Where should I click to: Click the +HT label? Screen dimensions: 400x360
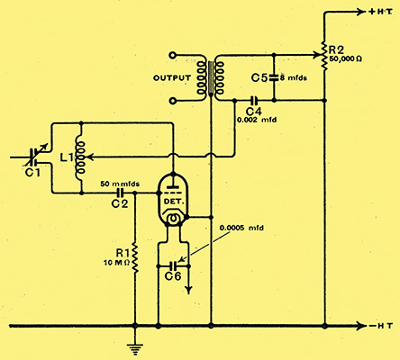(380, 12)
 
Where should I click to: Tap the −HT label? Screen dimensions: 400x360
(380, 326)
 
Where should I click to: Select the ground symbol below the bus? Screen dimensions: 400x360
(135, 349)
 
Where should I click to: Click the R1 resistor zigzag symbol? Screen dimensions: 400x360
(135, 258)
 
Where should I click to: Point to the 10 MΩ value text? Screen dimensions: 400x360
(116, 263)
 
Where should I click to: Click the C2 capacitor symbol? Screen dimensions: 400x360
(120, 193)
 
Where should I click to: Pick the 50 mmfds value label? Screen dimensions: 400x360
(120, 184)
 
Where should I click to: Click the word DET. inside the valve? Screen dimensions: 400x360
(174, 202)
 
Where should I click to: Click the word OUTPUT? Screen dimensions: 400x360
(172, 78)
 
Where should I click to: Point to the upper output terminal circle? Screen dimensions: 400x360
(172, 55)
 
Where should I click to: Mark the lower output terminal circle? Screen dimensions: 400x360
(172, 101)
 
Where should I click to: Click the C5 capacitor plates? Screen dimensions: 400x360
(274, 78)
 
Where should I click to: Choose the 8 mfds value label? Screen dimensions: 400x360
(294, 78)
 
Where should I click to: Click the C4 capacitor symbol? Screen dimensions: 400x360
(254, 101)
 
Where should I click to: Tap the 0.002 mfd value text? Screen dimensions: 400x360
(257, 120)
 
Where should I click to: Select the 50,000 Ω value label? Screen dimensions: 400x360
(345, 58)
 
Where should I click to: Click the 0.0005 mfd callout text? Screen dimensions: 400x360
(241, 228)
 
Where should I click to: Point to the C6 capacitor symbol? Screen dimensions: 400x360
(173, 265)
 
